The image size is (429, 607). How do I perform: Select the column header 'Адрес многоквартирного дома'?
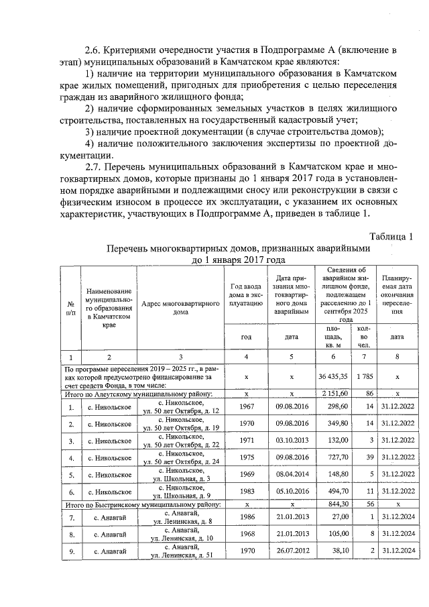coord(181,308)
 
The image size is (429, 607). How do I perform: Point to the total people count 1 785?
coord(363,377)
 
